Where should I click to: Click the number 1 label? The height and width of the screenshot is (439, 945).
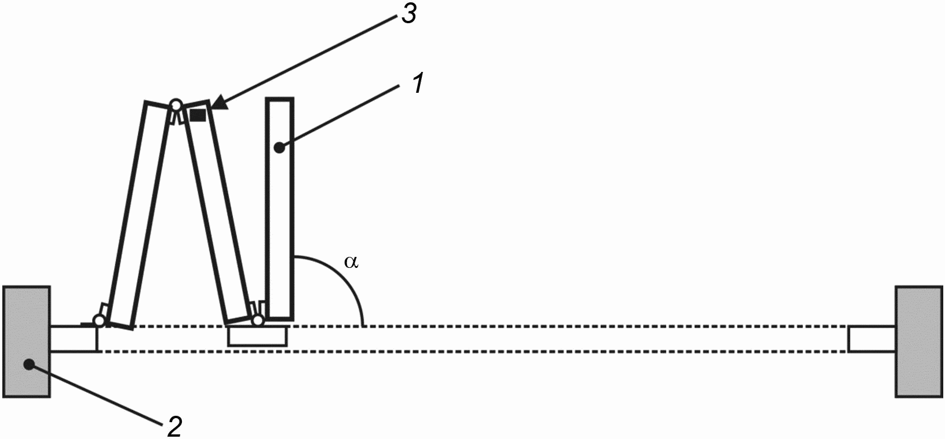(418, 84)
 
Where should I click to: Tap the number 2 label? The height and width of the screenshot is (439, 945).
(174, 427)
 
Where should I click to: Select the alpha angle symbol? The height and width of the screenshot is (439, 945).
(351, 262)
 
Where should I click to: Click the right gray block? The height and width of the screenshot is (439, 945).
(918, 342)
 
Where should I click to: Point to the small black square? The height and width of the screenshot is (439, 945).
(198, 115)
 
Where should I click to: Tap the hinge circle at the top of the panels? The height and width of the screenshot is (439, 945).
(176, 106)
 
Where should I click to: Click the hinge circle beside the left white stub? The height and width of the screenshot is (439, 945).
(99, 320)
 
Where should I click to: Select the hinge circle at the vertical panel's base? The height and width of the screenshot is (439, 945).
(258, 320)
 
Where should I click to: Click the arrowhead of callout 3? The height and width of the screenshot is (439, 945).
(215, 105)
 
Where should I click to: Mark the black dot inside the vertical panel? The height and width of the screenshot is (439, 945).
(279, 148)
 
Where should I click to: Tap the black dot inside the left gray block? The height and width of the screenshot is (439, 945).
(27, 364)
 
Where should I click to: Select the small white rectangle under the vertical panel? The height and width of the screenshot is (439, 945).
(257, 337)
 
